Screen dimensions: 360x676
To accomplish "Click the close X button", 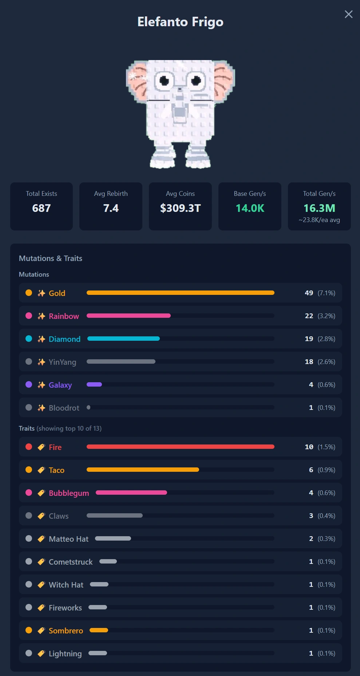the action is point(348,14).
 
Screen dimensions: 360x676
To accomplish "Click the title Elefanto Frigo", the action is point(180,22).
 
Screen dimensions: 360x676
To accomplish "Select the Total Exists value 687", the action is point(41,208).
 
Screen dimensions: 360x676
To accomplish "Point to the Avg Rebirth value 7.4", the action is point(111,208).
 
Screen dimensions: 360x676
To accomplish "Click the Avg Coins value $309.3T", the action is point(180,208).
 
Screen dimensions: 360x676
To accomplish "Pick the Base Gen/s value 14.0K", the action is point(250,208).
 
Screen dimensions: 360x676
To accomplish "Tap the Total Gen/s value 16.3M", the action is point(319,208).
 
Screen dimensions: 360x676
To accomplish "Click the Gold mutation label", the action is point(57,293).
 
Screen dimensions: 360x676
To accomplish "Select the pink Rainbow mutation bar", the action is point(128,316).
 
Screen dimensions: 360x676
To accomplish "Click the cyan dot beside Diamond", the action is point(29,339).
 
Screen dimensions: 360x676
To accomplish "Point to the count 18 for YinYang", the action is point(309,361).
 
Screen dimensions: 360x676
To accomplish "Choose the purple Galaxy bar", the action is point(94,384).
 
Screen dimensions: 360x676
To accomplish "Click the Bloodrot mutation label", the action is point(64,408).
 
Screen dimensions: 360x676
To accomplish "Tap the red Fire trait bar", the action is point(181,447).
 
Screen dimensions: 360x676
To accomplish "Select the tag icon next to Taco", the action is point(41,470).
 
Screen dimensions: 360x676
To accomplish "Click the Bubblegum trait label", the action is point(69,493).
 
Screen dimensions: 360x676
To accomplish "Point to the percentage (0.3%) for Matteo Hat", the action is point(327,539).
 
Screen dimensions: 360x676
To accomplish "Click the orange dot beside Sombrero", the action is point(29,630).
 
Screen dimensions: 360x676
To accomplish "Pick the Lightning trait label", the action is point(65,654).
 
